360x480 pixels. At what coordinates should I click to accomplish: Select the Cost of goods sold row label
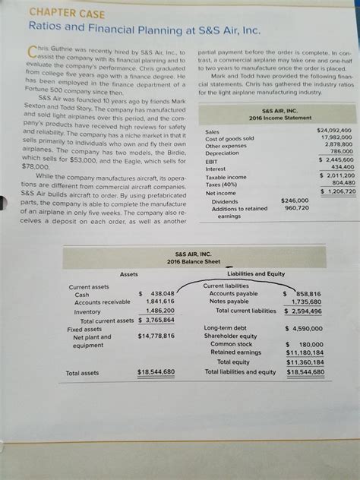(229, 137)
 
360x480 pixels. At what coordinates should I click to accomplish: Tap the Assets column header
(129, 274)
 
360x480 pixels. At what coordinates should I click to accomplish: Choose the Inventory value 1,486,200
(159, 311)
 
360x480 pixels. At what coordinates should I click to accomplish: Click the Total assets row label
(82, 373)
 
